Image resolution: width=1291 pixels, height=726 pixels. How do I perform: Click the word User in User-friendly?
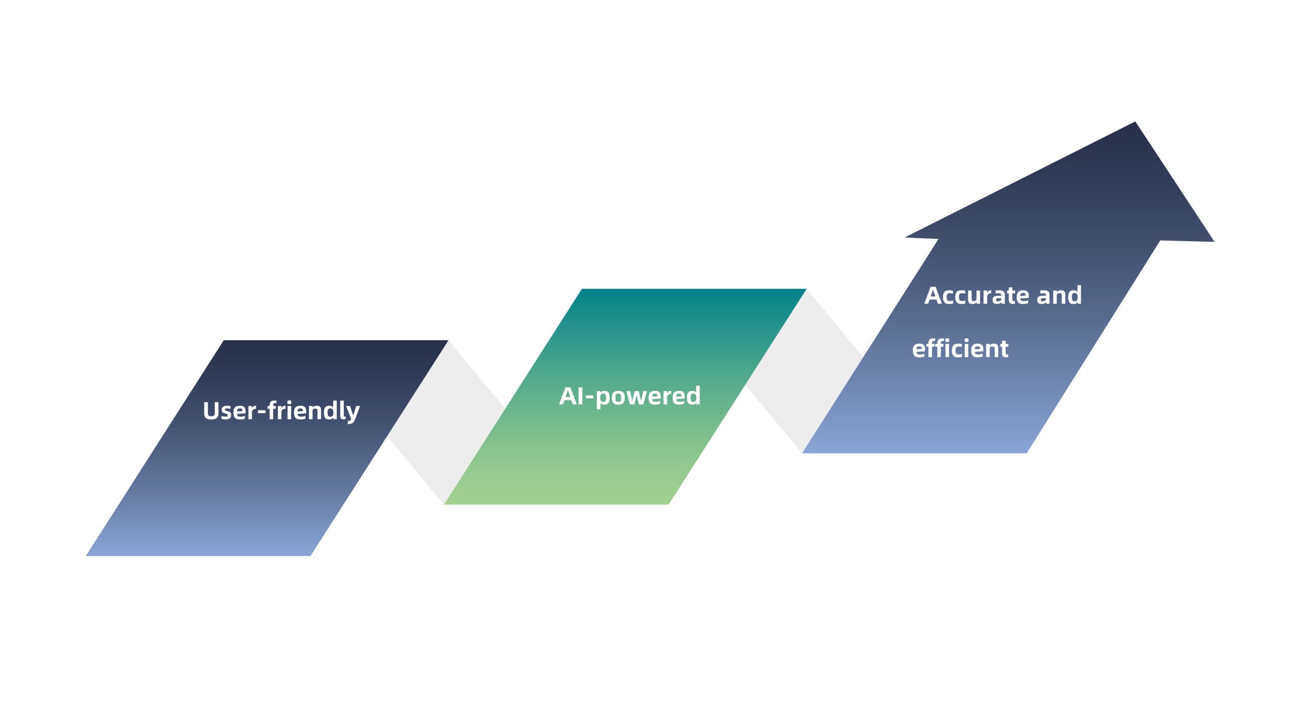click(x=229, y=411)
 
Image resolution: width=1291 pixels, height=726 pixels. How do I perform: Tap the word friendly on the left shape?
click(x=314, y=411)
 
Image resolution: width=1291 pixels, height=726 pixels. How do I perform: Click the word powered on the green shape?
click(x=648, y=397)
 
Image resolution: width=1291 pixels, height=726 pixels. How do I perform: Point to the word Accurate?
click(x=977, y=295)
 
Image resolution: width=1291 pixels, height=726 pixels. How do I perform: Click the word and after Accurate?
click(x=1059, y=295)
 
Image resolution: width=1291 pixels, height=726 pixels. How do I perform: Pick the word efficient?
click(x=960, y=349)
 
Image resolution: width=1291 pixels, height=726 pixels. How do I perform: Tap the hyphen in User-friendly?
click(x=262, y=413)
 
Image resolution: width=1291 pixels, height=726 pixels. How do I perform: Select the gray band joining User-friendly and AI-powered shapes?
click(x=446, y=423)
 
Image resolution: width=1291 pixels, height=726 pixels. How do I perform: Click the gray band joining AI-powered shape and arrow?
click(x=804, y=371)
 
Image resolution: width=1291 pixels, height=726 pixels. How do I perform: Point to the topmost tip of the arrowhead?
click(x=1135, y=122)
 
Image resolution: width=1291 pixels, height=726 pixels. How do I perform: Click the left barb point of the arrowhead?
click(x=905, y=237)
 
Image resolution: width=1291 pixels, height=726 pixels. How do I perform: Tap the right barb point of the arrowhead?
click(x=1214, y=242)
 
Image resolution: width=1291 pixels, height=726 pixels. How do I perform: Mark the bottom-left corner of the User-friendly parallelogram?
click(x=86, y=556)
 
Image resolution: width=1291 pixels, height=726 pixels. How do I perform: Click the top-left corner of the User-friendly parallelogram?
click(x=224, y=341)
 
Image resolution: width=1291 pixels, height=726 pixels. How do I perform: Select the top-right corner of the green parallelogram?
click(x=806, y=289)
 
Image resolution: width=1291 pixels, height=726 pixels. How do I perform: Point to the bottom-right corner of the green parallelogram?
click(x=669, y=505)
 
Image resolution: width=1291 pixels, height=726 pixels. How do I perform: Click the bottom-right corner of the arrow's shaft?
click(x=1027, y=453)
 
